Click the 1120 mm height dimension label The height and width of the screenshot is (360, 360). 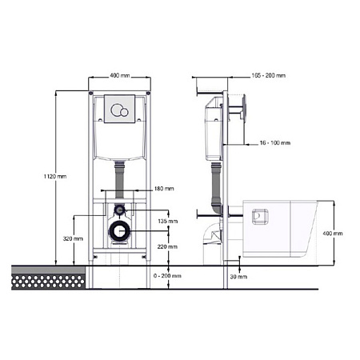pyautogui.click(x=55, y=176)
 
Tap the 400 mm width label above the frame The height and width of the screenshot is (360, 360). pyautogui.click(x=120, y=76)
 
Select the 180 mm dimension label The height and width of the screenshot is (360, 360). pyautogui.click(x=164, y=189)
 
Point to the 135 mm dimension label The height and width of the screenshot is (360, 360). pyautogui.click(x=167, y=221)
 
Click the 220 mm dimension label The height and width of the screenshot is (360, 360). pyautogui.click(x=167, y=246)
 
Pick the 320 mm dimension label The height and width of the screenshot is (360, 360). pyautogui.click(x=73, y=238)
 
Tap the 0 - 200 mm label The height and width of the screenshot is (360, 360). pyautogui.click(x=167, y=276)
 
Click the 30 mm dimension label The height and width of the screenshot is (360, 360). pyautogui.click(x=238, y=277)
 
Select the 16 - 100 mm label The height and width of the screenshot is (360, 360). pyautogui.click(x=275, y=143)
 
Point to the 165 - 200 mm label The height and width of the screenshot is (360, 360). pyautogui.click(x=269, y=76)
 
